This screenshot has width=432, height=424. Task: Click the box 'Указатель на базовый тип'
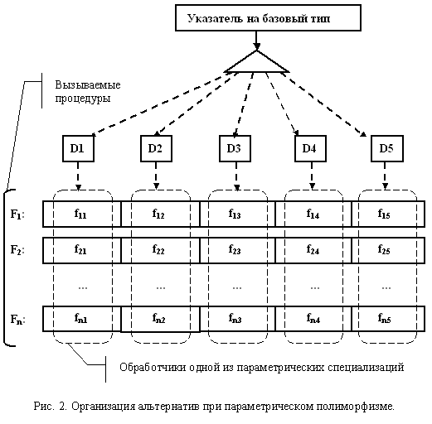click(268, 17)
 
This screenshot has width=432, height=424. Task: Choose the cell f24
click(313, 250)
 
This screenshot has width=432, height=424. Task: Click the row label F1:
click(17, 214)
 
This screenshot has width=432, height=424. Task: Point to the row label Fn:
click(18, 320)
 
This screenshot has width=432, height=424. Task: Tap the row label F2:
click(17, 250)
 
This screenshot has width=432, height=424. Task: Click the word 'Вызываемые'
click(88, 84)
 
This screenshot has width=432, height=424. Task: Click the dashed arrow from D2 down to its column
click(156, 176)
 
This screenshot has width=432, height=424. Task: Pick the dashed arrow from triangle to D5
click(324, 104)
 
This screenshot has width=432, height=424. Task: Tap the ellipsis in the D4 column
click(315, 288)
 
